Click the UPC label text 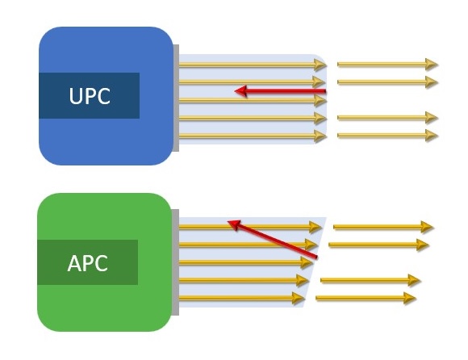(90, 97)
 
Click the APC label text (89, 263)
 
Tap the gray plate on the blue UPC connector (176, 98)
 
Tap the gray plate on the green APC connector (176, 262)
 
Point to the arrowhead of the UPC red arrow (240, 91)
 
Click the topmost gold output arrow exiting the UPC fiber (387, 63)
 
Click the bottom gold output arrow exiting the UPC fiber (387, 134)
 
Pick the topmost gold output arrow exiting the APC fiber (383, 227)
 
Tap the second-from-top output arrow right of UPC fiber (387, 82)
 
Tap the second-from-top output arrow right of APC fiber (378, 244)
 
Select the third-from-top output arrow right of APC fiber (370, 280)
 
